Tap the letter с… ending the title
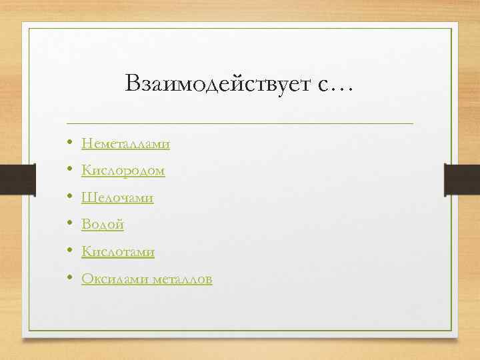pos(337,85)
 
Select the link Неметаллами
pos(125,143)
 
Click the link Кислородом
pos(123,171)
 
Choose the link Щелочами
pos(117,198)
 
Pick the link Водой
pos(103,225)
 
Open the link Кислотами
pos(118,252)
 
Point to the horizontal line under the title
pos(240,123)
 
